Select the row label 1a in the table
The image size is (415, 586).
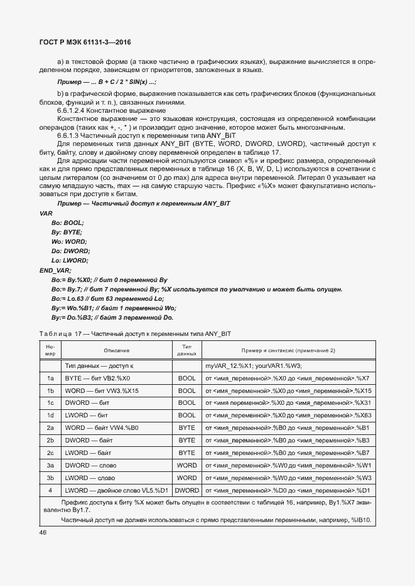[x=50, y=379]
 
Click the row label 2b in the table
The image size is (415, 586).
[x=50, y=441]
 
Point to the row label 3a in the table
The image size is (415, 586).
[x=50, y=466]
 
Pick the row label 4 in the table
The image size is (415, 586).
[x=50, y=490]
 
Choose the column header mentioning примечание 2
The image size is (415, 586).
[x=288, y=350]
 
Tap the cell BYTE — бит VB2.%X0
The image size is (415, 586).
[x=97, y=379]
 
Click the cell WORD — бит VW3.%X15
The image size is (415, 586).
[x=102, y=391]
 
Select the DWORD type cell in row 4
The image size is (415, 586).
[x=187, y=490]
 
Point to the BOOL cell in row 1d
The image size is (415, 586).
[x=187, y=416]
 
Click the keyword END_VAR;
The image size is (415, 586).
[x=56, y=269]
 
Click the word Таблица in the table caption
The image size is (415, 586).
[x=55, y=333]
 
